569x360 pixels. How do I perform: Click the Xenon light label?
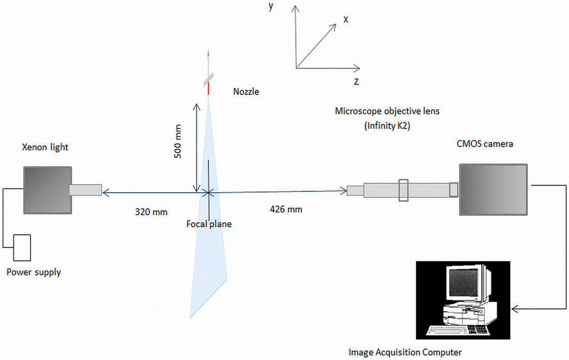pyautogui.click(x=45, y=147)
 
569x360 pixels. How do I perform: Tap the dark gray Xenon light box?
pyautogui.click(x=47, y=189)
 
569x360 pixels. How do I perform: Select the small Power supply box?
pyautogui.click(x=22, y=247)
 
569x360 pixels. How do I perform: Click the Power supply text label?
pyautogui.click(x=33, y=272)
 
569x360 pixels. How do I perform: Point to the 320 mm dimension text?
pyautogui.click(x=151, y=212)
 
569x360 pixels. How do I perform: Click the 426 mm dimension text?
pyautogui.click(x=286, y=209)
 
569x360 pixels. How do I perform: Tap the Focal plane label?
pyautogui.click(x=209, y=224)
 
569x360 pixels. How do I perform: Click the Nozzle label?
pyautogui.click(x=246, y=92)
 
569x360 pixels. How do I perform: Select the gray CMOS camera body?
pyautogui.click(x=493, y=189)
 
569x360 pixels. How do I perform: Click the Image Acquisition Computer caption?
pyautogui.click(x=405, y=352)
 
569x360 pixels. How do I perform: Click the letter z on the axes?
pyautogui.click(x=356, y=81)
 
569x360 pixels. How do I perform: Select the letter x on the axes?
pyautogui.click(x=346, y=19)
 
